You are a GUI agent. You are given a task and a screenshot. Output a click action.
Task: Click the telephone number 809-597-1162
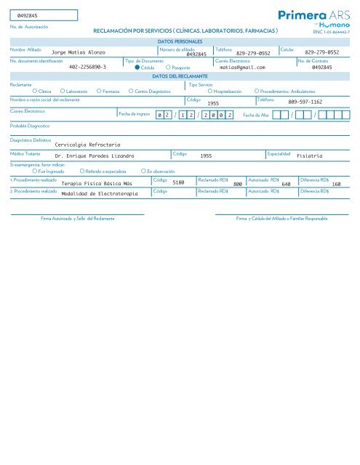tap(305, 102)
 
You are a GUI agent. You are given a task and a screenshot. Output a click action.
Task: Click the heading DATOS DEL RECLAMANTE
tap(180, 76)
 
